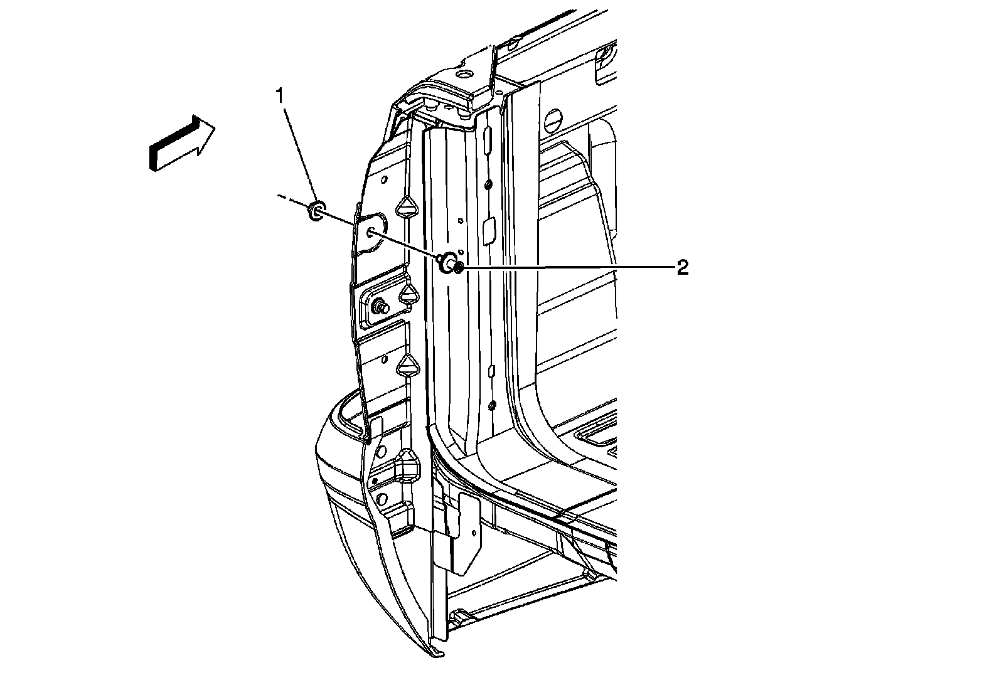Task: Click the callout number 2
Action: (x=682, y=268)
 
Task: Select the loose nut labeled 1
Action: (x=316, y=211)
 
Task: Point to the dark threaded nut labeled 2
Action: (x=459, y=268)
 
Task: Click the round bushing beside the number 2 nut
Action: (x=447, y=263)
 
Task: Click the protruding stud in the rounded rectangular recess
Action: (x=380, y=307)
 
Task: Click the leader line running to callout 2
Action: (x=565, y=267)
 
